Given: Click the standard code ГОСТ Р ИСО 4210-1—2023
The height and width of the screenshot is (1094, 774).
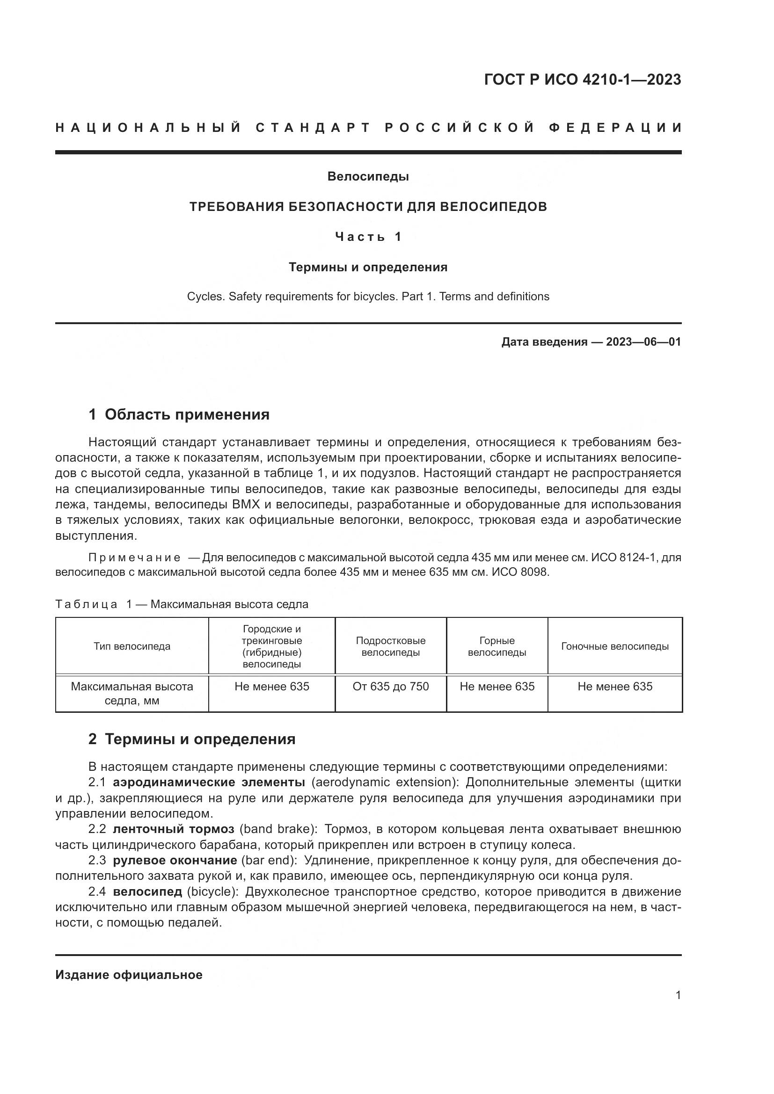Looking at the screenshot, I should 583,80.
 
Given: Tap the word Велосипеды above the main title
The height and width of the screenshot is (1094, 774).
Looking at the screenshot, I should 368,177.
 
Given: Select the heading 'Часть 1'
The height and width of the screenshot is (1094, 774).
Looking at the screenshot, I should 368,237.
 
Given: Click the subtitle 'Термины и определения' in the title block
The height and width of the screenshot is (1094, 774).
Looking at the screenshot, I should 368,268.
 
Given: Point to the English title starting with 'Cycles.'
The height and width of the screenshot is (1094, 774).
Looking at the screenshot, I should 368,297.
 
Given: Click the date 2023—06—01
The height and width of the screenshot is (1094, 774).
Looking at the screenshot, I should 643,342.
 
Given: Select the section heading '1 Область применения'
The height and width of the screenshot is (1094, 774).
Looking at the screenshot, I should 179,414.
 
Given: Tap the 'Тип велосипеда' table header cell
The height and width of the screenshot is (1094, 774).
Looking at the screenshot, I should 132,646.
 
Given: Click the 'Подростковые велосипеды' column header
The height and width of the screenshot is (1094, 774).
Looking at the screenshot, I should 390,646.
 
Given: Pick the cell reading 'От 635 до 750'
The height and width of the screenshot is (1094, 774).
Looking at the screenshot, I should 390,687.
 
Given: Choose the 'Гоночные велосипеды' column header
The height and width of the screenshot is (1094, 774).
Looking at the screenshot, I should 615,646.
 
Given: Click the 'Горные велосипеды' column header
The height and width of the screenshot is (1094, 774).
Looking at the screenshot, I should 497,646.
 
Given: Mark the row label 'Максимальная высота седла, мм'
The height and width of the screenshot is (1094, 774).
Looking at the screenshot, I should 132,693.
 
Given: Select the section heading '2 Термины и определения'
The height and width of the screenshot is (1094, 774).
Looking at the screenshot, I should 192,739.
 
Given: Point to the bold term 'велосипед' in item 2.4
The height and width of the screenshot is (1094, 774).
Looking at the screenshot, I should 147,891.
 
